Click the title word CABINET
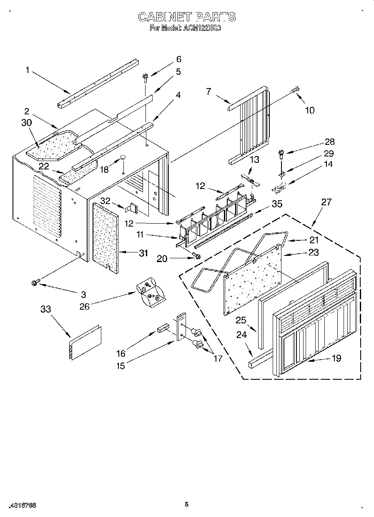[165, 17]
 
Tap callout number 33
[45, 309]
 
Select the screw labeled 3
[35, 283]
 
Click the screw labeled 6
[146, 77]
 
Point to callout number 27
[326, 202]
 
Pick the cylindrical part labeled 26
[151, 292]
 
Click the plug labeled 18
[123, 158]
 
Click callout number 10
[309, 111]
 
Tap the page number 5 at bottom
[186, 504]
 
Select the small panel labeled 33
[85, 342]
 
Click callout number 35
[277, 204]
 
